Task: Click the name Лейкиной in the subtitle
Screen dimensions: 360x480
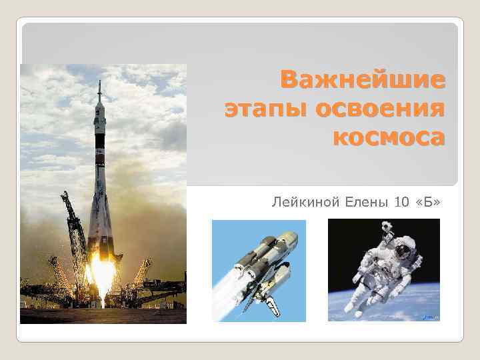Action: (x=299, y=201)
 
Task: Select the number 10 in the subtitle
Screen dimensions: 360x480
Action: (x=403, y=201)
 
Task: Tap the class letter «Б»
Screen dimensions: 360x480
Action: (x=428, y=201)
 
